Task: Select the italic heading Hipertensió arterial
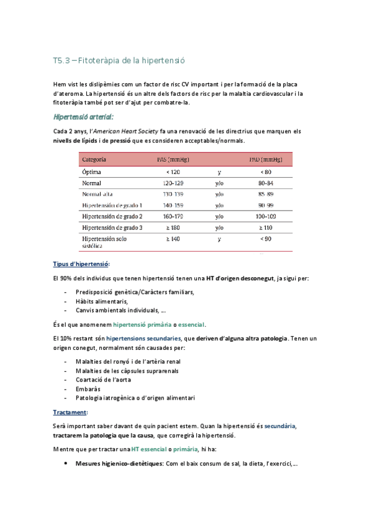84,116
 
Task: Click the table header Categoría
94,160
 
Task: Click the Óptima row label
93,172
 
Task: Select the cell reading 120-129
172,183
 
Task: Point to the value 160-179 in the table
172,216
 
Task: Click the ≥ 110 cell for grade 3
265,227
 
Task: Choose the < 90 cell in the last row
265,239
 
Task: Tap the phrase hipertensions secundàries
142,338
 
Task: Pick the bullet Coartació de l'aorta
107,380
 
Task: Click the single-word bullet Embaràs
88,389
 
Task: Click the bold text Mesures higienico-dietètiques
116,463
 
